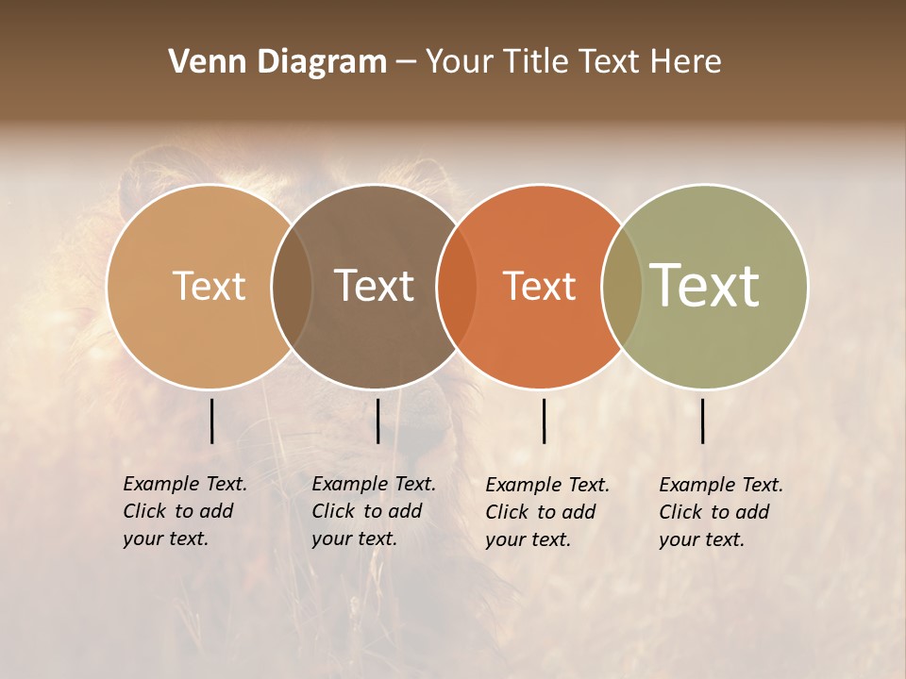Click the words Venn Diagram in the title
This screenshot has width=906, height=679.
(277, 62)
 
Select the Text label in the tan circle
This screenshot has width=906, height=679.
(209, 286)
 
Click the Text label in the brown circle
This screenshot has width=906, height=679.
(375, 286)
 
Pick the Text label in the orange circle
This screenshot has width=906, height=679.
(539, 286)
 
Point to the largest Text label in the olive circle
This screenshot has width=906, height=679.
(705, 285)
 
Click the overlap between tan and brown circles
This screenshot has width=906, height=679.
(292, 286)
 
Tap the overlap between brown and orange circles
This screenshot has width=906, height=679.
(456, 286)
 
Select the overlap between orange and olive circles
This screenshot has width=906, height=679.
(621, 286)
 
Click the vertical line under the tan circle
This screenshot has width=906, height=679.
(212, 421)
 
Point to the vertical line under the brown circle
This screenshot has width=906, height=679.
(377, 421)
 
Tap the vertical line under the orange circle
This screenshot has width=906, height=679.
(545, 421)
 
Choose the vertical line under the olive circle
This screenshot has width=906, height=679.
(703, 421)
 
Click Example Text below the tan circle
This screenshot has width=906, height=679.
(185, 484)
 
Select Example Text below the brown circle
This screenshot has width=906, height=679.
(374, 484)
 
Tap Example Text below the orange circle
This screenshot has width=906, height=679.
(547, 485)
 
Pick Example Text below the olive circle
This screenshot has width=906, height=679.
(721, 485)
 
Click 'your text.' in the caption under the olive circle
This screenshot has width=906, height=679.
(701, 539)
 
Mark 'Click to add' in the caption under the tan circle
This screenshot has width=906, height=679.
(178, 511)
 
